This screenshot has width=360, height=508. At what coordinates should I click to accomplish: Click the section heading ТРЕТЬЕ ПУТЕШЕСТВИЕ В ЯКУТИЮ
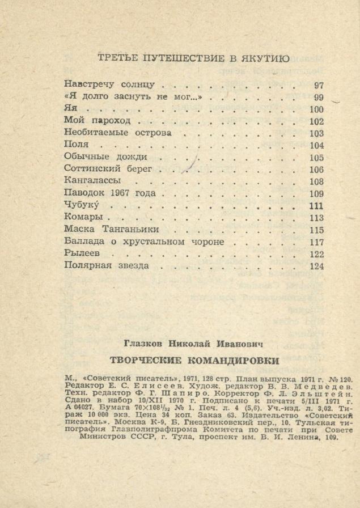tap(193, 58)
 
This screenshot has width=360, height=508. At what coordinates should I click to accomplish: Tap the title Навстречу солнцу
tap(109, 85)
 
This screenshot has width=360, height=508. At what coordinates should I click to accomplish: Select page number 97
tap(318, 86)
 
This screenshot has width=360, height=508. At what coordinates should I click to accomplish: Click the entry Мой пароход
tap(98, 121)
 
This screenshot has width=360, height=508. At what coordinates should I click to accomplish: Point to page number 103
tap(316, 134)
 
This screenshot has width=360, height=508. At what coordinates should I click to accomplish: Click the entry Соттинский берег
tap(108, 169)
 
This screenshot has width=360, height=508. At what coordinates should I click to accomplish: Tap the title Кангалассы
tap(92, 181)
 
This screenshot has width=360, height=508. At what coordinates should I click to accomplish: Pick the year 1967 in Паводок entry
tap(120, 193)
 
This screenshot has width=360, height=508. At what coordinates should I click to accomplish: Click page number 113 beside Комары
tap(316, 218)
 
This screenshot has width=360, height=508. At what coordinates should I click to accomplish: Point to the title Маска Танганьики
tap(111, 230)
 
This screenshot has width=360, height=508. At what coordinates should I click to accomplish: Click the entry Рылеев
tap(82, 253)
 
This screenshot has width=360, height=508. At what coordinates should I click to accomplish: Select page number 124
tap(316, 266)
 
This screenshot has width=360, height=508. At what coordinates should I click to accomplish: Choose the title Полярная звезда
tap(107, 265)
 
